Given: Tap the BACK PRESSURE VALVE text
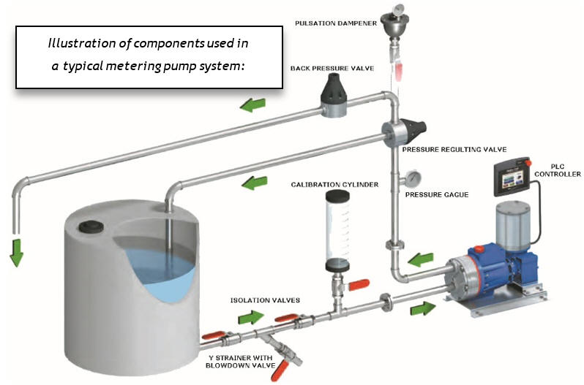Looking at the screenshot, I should (x=332, y=68).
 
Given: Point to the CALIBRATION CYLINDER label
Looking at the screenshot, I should (x=334, y=184).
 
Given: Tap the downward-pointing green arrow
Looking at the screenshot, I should (x=16, y=252).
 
